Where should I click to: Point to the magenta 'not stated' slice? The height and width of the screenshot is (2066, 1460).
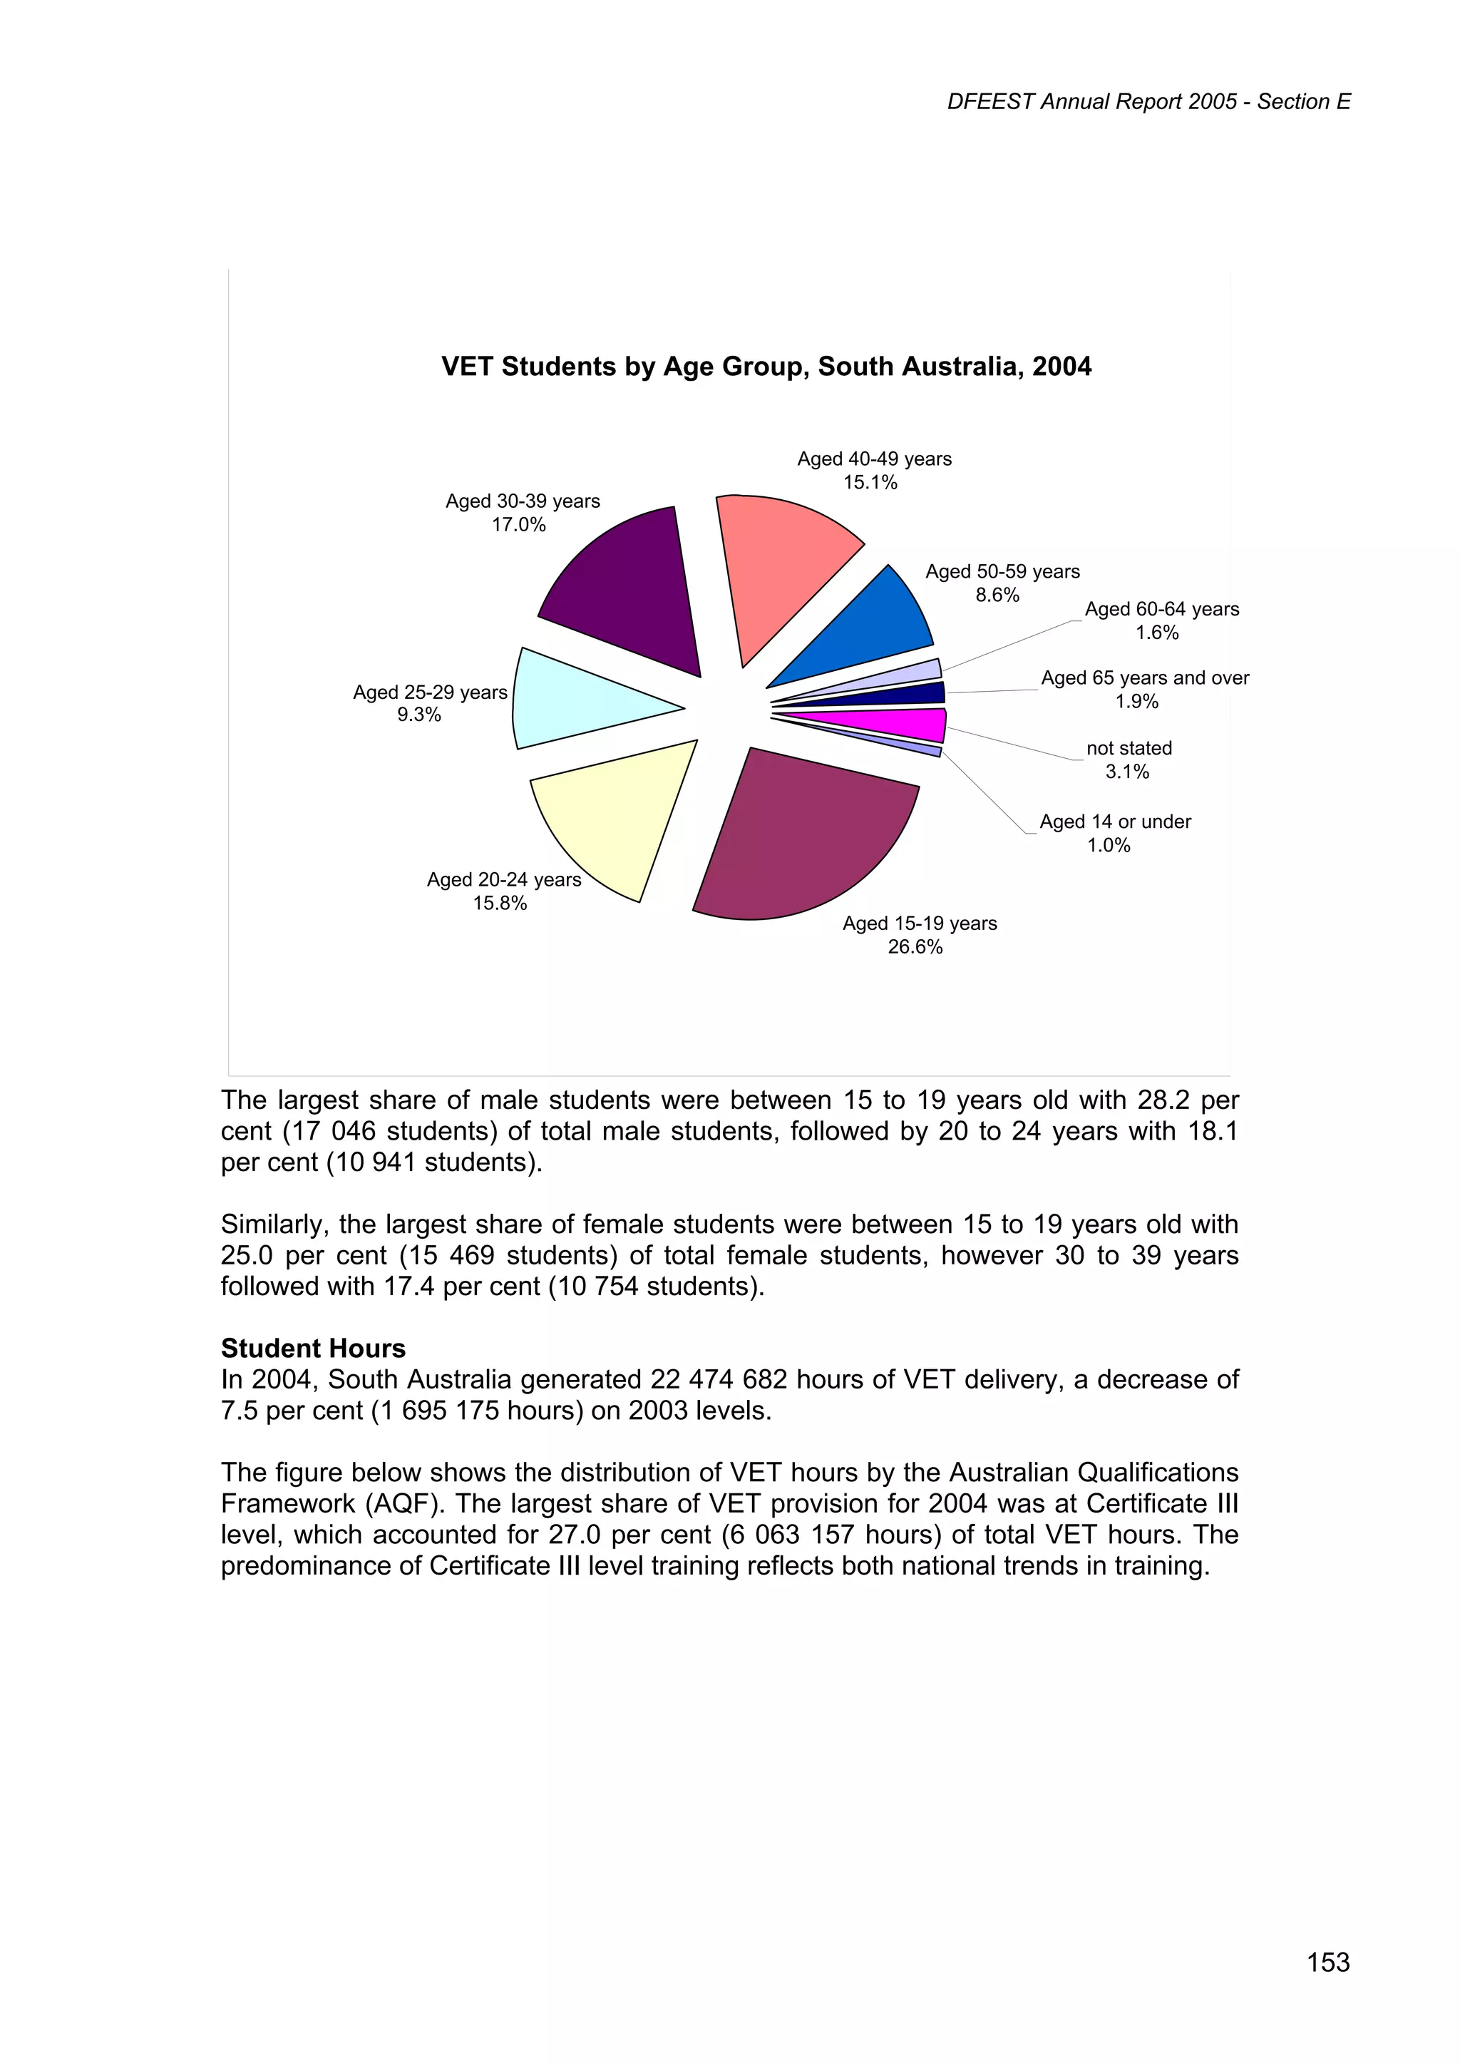900,725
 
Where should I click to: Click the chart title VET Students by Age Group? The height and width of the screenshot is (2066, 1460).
766,367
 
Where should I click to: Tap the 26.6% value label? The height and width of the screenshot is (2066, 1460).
915,946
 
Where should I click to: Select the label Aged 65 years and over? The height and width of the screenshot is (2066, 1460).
1144,677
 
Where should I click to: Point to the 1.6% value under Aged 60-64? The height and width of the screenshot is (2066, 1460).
1157,633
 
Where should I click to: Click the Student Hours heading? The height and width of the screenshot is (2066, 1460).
313,1348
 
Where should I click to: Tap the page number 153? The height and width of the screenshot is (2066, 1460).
1328,1962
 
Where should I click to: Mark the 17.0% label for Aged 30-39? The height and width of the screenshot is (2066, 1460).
518,525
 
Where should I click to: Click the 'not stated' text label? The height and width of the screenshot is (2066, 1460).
1129,748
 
